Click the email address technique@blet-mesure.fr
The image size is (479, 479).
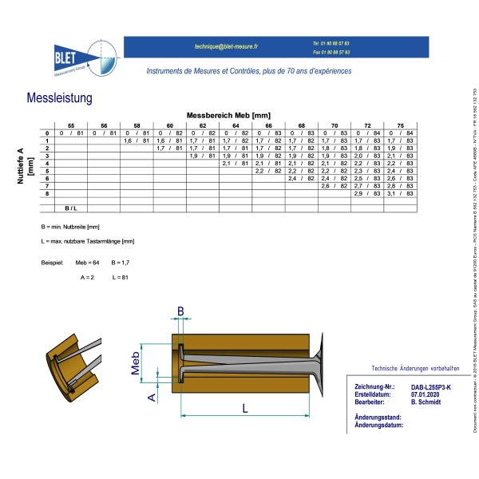(x=226, y=47)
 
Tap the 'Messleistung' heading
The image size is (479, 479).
(x=59, y=98)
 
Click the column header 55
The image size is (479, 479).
(x=70, y=126)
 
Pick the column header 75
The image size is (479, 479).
(x=401, y=126)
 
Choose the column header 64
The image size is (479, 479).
(x=236, y=126)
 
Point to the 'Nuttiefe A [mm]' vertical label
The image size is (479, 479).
(x=25, y=167)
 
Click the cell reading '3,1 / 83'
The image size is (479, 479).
(x=401, y=193)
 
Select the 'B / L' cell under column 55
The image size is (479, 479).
(x=70, y=208)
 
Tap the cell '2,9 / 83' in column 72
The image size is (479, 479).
(x=367, y=193)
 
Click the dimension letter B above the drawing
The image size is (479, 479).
(x=180, y=289)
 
